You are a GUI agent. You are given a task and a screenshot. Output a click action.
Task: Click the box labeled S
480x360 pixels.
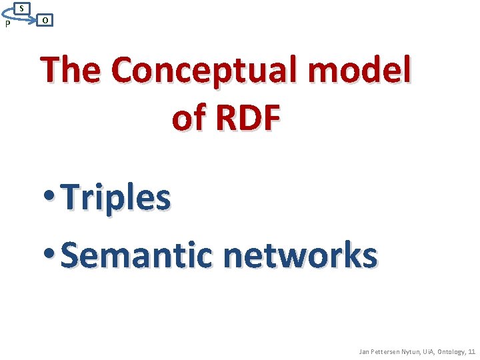(22, 8)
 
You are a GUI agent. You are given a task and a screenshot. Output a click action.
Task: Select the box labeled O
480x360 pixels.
(44, 20)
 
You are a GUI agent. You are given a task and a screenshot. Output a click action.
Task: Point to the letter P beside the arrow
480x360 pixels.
(7, 25)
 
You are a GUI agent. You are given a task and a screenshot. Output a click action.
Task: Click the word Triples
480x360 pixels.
(115, 198)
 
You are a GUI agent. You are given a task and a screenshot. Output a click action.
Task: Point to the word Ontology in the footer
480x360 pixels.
(457, 351)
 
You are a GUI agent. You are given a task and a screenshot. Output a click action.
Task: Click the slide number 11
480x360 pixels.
(474, 351)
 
